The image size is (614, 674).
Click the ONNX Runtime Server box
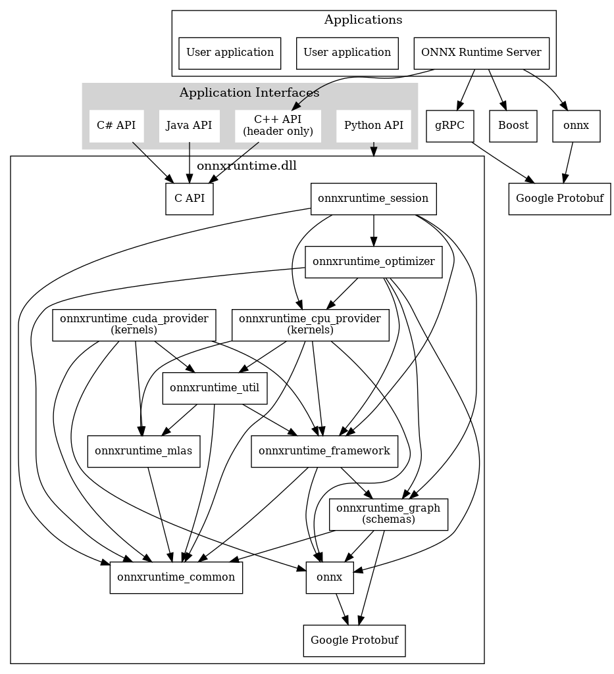[x=482, y=53]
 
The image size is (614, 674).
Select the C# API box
[x=116, y=126]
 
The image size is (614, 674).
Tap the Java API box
[x=190, y=126]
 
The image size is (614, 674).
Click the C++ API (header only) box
[x=278, y=126]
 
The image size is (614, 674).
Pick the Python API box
[x=374, y=126]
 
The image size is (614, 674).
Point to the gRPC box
[x=450, y=126]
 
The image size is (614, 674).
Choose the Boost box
[x=513, y=126]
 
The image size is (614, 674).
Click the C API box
[x=190, y=199]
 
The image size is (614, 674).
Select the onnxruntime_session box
[x=374, y=199]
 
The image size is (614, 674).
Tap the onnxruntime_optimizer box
[x=374, y=262]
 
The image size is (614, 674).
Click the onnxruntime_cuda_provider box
[x=134, y=325]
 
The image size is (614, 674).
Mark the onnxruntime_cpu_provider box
[x=310, y=325]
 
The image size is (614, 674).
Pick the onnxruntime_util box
[x=215, y=388]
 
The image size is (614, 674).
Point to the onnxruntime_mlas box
[x=143, y=451]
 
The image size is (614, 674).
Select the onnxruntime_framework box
[x=324, y=451]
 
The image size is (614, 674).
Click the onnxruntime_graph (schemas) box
[x=388, y=514]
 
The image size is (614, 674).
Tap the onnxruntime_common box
[x=176, y=578]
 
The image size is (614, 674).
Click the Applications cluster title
[x=363, y=20]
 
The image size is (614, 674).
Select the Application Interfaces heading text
[x=249, y=93]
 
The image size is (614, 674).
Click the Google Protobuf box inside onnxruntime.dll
[x=355, y=641]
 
